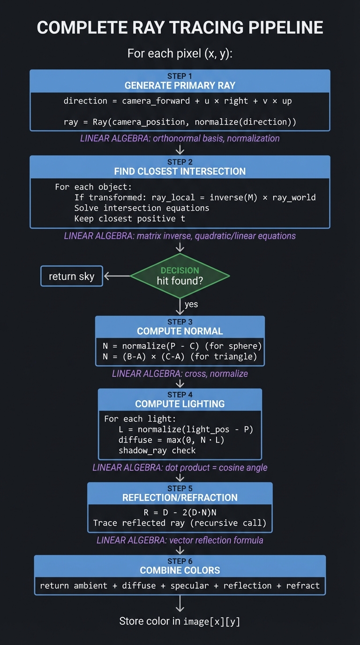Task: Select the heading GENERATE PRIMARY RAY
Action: coord(180,85)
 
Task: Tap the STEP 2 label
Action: coord(180,162)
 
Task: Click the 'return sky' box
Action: coord(72,277)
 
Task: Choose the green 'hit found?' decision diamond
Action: coord(180,276)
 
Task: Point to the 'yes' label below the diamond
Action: coord(191,304)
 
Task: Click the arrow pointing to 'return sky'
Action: coord(116,277)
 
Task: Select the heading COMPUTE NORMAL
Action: coord(180,331)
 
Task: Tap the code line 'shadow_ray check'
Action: coord(157,450)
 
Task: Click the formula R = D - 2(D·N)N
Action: coord(180,512)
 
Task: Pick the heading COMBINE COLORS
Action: coord(180,570)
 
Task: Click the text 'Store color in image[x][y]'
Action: coord(180,622)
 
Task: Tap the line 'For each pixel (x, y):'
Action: coord(180,53)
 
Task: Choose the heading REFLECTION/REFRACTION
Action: coord(180,498)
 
